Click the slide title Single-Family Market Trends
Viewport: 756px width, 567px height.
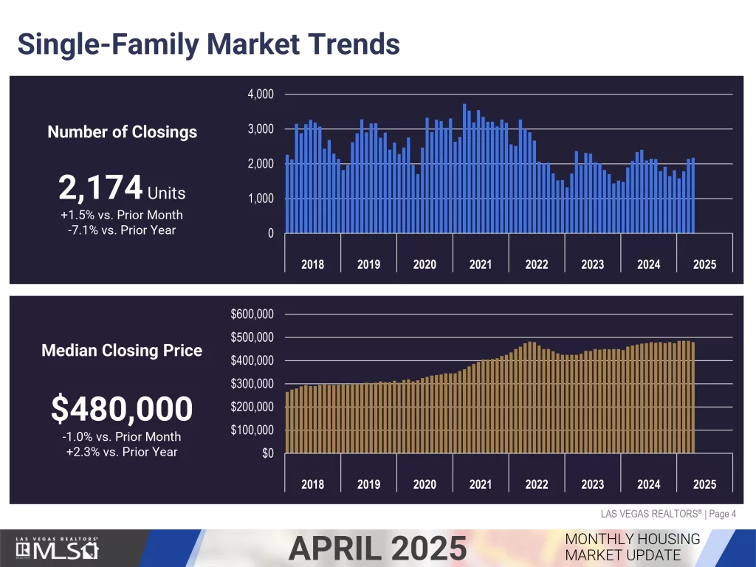click(x=209, y=44)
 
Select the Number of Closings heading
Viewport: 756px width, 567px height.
click(x=123, y=132)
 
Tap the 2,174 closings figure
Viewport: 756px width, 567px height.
click(x=100, y=188)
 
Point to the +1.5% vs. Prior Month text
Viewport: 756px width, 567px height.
click(x=122, y=215)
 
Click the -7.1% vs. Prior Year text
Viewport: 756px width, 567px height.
click(x=122, y=230)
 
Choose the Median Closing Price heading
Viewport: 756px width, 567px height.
click(x=122, y=351)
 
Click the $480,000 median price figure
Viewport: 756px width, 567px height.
click(x=122, y=409)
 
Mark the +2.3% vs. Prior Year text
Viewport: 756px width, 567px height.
click(x=122, y=453)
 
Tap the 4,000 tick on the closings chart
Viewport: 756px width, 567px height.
click(x=261, y=94)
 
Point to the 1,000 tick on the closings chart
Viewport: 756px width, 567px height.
click(x=261, y=199)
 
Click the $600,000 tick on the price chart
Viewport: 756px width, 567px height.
click(x=252, y=315)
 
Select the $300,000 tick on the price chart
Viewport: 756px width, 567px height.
click(x=252, y=384)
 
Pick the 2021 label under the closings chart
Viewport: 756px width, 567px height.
click(x=481, y=265)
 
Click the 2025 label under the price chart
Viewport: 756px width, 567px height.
click(x=704, y=484)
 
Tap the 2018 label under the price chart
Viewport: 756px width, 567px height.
click(x=312, y=484)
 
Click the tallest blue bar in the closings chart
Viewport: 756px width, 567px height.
click(x=465, y=169)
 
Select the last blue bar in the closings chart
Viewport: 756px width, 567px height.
click(x=693, y=196)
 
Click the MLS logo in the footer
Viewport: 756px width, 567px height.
click(x=57, y=549)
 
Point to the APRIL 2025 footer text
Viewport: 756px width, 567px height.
click(x=377, y=549)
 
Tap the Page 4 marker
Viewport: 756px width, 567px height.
click(x=722, y=514)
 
